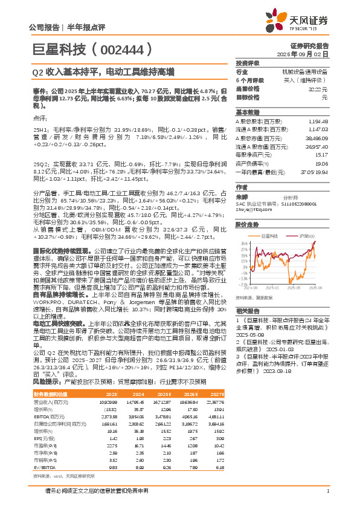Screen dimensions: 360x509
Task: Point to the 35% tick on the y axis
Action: (242, 244)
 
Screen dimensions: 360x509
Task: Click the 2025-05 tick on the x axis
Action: (295, 288)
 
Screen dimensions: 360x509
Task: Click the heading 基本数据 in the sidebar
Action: (247, 112)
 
